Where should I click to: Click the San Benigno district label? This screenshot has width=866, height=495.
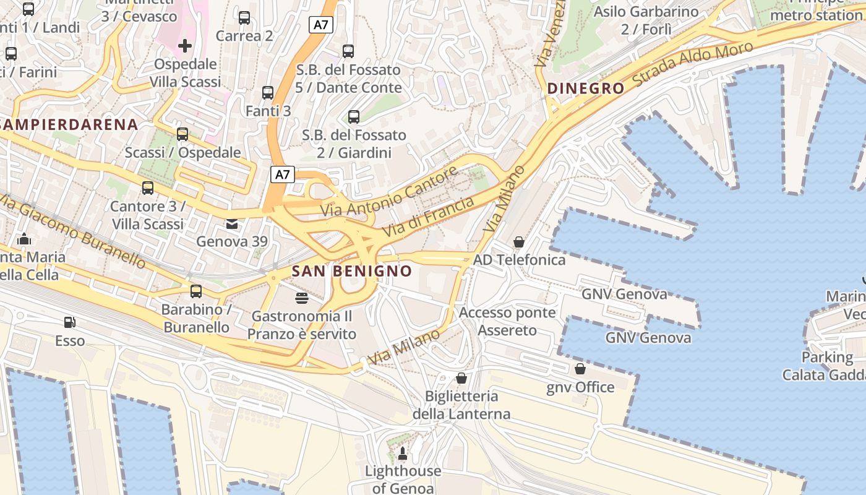[351, 271]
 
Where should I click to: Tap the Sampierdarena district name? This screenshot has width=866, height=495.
[68, 124]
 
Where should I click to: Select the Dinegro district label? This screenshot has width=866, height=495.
[586, 88]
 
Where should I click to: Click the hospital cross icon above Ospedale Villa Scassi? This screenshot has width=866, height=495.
[184, 46]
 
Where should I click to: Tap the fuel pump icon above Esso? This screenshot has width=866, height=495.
[70, 322]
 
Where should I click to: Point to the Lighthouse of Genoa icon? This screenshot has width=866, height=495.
[403, 454]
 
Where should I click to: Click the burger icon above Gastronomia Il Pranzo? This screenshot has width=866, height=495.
[301, 298]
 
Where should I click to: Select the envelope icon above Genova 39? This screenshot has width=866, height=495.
[231, 223]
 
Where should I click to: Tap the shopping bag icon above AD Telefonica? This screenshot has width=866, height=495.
[519, 242]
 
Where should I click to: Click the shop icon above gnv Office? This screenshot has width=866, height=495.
[580, 369]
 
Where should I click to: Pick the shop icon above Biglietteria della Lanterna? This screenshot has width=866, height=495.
[461, 378]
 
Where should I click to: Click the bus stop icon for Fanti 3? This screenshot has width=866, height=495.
[267, 93]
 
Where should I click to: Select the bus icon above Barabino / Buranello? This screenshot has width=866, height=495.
[195, 291]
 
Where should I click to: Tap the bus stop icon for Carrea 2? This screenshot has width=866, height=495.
[244, 18]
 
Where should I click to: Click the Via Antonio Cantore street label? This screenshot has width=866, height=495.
[389, 191]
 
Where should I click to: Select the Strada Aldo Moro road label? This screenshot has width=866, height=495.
[693, 64]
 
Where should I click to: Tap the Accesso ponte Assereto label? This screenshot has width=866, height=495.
[507, 321]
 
